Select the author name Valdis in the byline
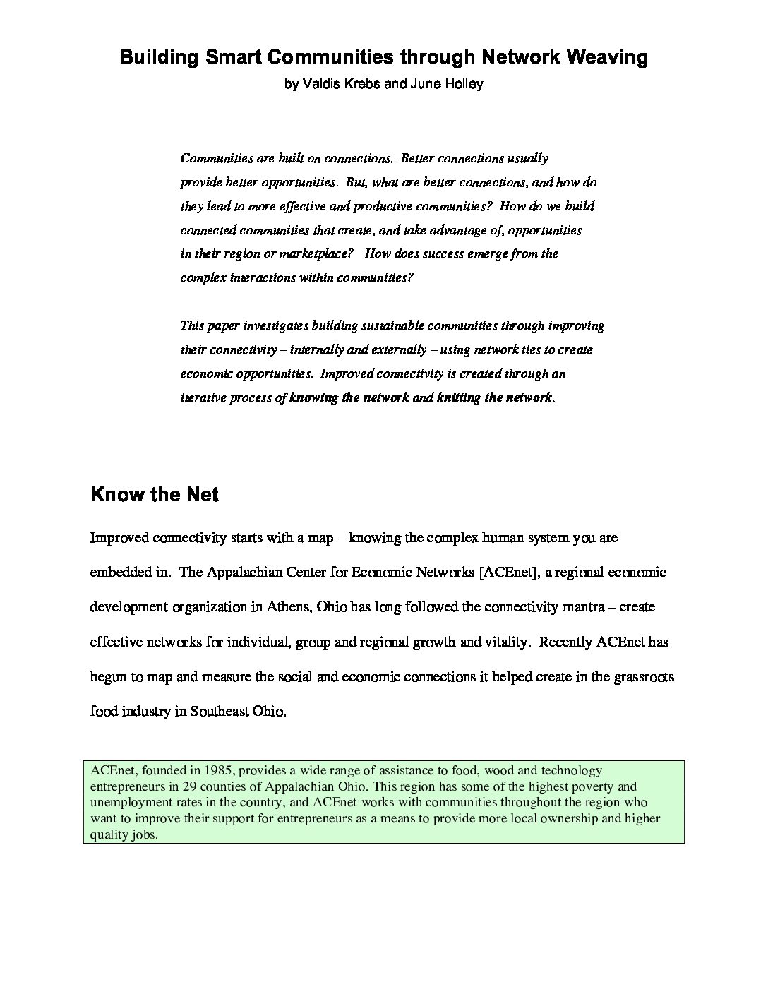[322, 84]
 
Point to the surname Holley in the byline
[462, 84]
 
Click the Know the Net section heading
[155, 494]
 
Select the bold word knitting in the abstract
[459, 397]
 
